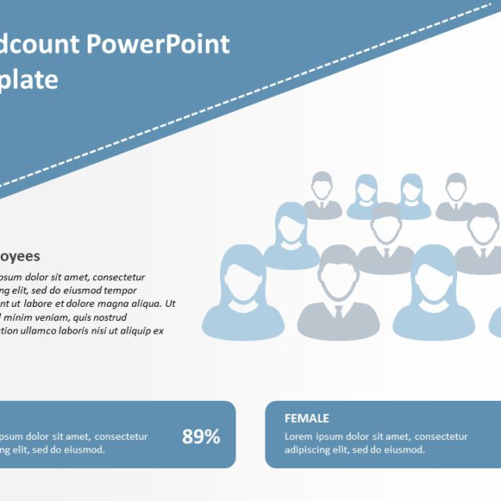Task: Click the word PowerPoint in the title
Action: [x=158, y=44]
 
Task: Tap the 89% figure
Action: [x=201, y=437]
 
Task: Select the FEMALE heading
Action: [x=306, y=419]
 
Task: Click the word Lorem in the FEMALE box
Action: [x=299, y=437]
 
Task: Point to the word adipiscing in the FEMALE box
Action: [x=309, y=450]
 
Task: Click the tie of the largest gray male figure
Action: [x=338, y=311]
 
